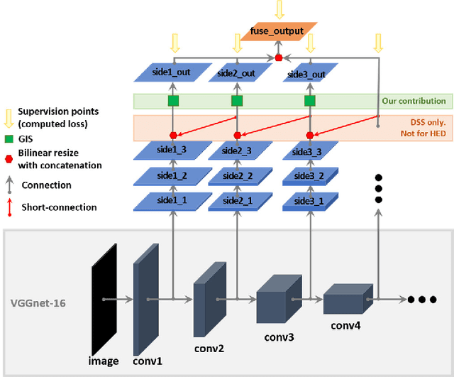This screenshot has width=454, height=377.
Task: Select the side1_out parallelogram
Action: coord(172,73)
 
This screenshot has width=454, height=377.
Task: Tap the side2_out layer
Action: coord(236,73)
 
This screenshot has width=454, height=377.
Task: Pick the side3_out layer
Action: coord(309,74)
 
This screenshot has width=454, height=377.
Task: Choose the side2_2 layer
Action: coord(236,176)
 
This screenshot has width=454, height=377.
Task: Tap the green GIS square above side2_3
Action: coord(236,102)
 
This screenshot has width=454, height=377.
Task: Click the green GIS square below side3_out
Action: coord(309,102)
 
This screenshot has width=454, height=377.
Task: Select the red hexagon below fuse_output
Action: coord(279,57)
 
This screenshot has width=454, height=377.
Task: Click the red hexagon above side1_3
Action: coord(172,135)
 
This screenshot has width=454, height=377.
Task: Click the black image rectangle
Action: coord(103,299)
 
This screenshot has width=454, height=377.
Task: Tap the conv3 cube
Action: coord(275,292)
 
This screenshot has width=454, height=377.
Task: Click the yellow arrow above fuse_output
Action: coord(279,9)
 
